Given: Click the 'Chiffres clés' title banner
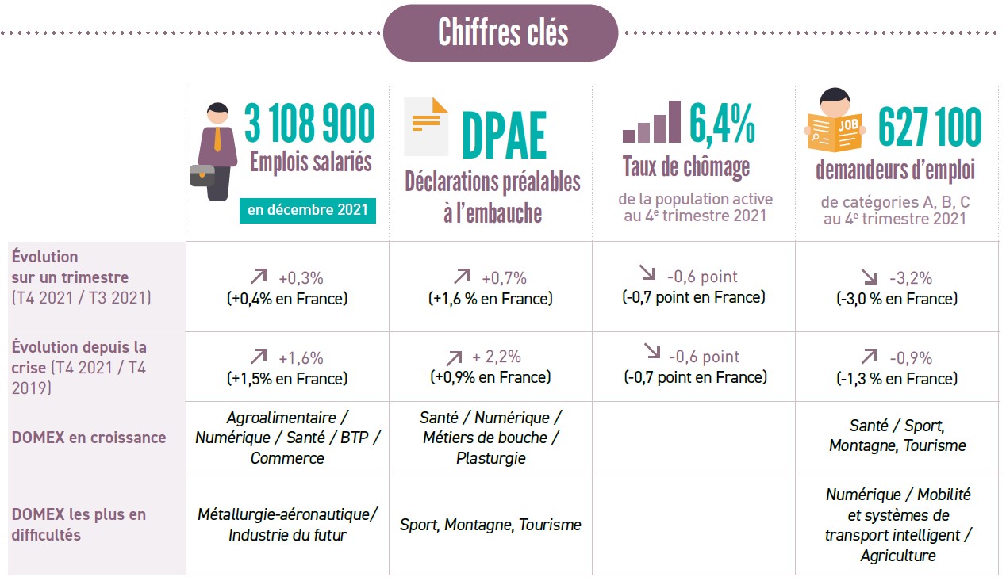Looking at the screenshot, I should (501, 32).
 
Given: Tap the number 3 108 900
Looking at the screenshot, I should (309, 124).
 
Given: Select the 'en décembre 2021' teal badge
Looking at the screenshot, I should (308, 210).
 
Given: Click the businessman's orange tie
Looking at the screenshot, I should (217, 138).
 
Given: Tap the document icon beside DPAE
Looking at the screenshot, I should (425, 126).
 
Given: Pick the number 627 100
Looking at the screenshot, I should (930, 127).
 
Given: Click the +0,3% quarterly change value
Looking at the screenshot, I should (301, 278).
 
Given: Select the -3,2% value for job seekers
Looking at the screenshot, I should (910, 278).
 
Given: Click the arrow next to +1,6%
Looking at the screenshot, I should (259, 357).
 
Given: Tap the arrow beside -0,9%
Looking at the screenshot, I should (870, 357).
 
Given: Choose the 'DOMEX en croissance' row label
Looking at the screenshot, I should (89, 438).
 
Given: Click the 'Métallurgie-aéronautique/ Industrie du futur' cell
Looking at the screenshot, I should (287, 525).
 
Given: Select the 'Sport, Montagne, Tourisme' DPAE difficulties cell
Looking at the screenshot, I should (490, 525).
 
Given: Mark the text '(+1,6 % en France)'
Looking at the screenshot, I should (490, 299).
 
